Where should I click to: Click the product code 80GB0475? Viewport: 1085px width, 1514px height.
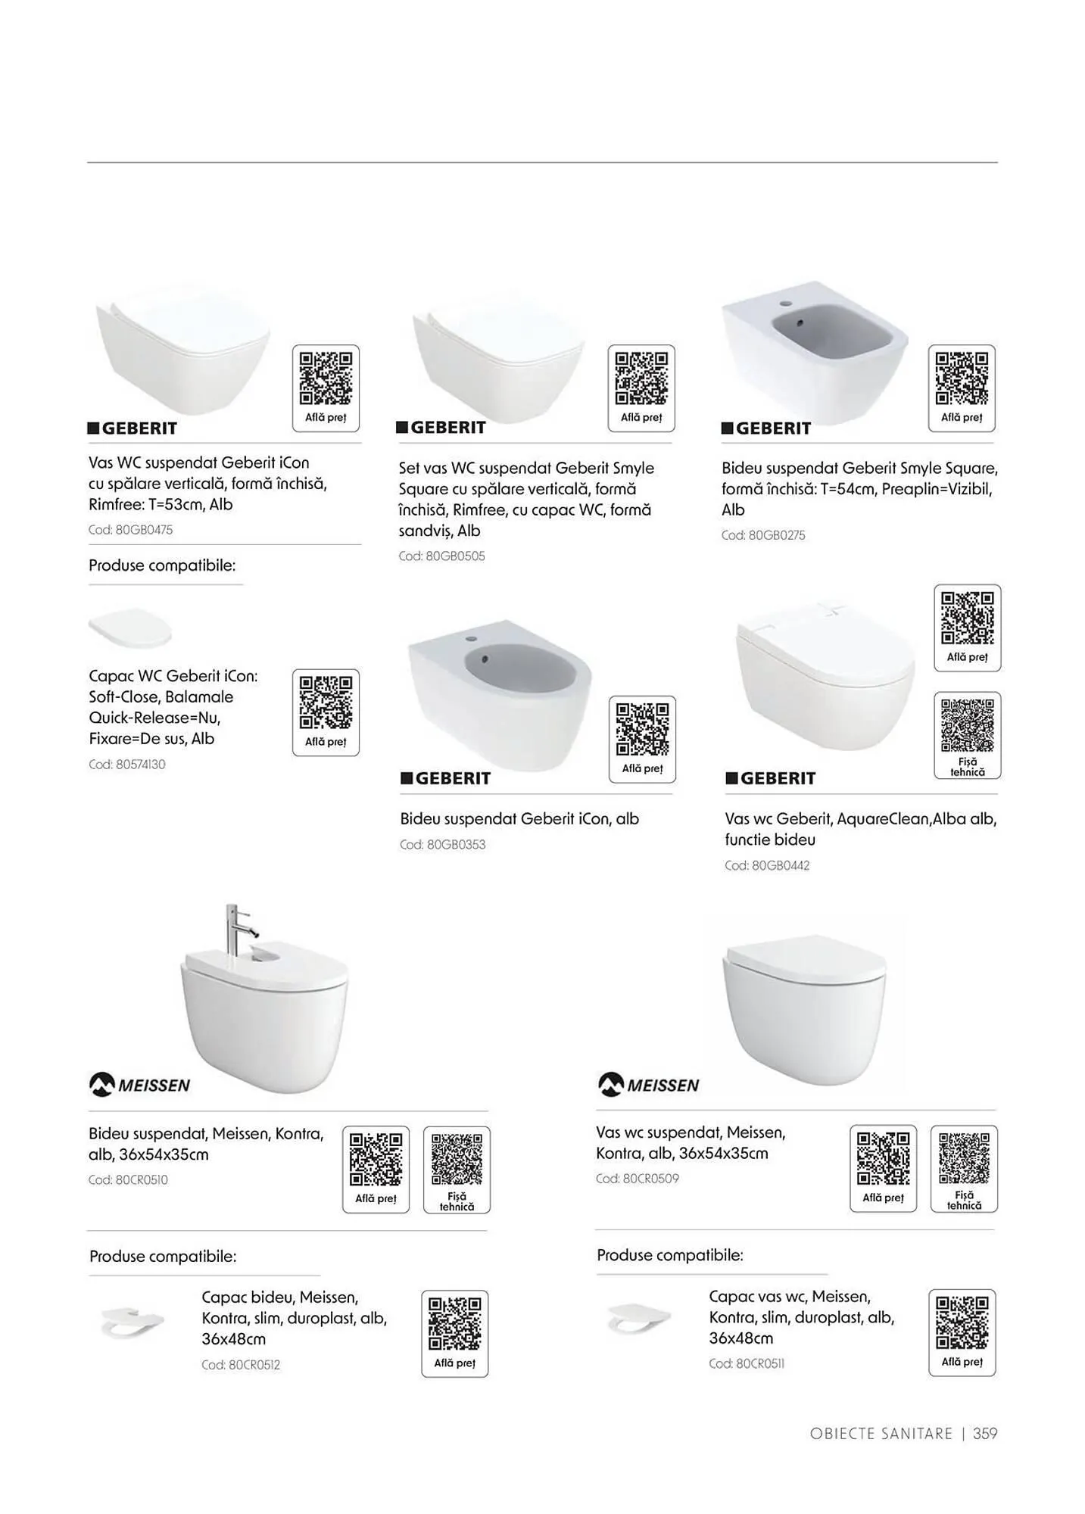click(130, 530)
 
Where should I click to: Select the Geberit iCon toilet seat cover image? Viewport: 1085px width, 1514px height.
click(130, 628)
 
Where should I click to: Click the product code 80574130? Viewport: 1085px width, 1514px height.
click(126, 765)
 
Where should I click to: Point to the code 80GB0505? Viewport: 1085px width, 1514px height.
click(441, 556)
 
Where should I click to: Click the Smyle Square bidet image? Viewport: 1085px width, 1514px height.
click(815, 351)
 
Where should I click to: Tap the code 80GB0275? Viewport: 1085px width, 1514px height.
click(763, 535)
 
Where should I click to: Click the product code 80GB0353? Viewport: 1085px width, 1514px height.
click(443, 845)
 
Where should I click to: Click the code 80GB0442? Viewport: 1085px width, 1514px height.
click(767, 865)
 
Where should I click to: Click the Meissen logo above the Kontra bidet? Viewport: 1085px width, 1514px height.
click(140, 1085)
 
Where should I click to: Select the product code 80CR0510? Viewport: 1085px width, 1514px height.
click(128, 1179)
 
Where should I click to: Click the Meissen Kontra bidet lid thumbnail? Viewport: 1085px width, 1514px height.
click(133, 1322)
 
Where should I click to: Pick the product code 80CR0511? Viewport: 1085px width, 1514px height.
click(747, 1363)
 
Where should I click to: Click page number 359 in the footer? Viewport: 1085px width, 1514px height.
click(985, 1433)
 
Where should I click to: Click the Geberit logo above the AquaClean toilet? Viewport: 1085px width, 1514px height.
click(771, 778)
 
